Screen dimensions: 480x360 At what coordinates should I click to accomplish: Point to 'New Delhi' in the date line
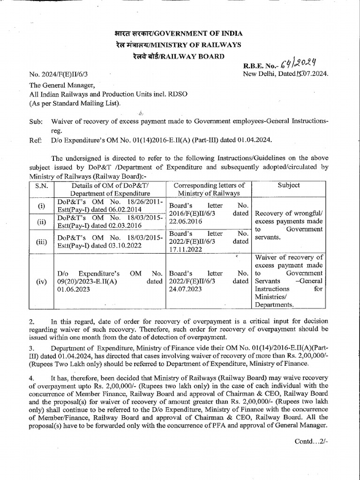(x=258, y=74)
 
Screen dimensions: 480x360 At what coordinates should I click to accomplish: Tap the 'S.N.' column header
(x=42, y=186)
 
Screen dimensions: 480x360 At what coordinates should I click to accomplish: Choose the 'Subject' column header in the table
(x=288, y=185)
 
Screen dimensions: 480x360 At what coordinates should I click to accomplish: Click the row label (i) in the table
(x=42, y=206)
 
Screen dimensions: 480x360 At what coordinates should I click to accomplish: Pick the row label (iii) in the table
(x=42, y=241)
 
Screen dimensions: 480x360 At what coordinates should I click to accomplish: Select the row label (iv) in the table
(x=42, y=282)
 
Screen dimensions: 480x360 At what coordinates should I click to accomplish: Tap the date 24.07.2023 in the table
(x=187, y=289)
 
